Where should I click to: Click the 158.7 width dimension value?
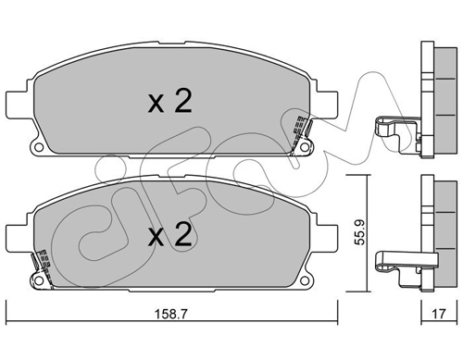[170, 315]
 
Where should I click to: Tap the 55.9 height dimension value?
[359, 232]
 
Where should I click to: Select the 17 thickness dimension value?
[439, 314]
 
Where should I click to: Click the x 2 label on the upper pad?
[169, 101]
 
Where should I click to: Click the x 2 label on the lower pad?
[169, 235]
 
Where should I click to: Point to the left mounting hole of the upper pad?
[39, 147]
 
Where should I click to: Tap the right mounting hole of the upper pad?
[305, 147]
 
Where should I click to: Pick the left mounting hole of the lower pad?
[39, 280]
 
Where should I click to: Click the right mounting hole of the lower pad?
[305, 280]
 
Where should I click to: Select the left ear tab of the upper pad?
[17, 104]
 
